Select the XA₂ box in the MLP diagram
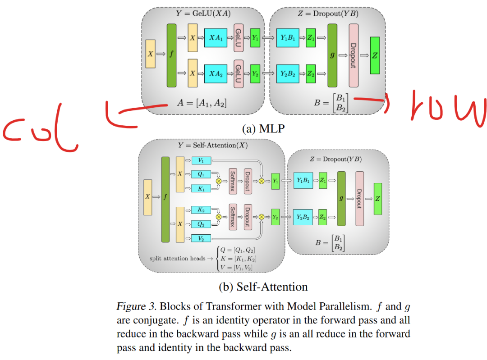[x=215, y=73]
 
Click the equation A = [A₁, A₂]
[x=202, y=103]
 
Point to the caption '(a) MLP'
[x=263, y=129]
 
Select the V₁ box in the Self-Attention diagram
[x=201, y=160]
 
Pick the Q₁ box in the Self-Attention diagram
[x=201, y=174]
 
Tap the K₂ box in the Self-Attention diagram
[x=201, y=210]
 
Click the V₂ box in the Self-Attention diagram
[x=201, y=238]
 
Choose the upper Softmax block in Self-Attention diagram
[x=233, y=181]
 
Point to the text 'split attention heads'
[x=176, y=259]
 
